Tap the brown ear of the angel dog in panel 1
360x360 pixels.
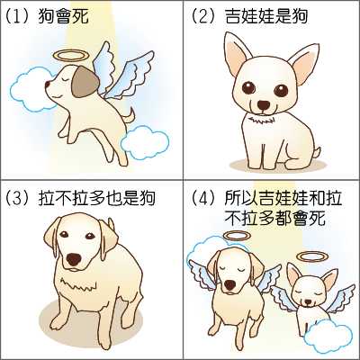pyautogui.click(x=85, y=82)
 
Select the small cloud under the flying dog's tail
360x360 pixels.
pyautogui.click(x=145, y=143)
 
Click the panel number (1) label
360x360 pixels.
pyautogui.click(x=18, y=16)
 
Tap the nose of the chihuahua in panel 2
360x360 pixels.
pyautogui.click(x=264, y=104)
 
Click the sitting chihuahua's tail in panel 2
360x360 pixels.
pyautogui.click(x=316, y=151)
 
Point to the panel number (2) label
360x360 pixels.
pyautogui.click(x=204, y=16)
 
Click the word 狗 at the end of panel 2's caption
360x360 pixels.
pyautogui.click(x=300, y=16)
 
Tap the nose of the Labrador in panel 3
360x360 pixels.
pyautogui.click(x=74, y=259)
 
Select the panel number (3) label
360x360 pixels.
pyautogui.click(x=18, y=198)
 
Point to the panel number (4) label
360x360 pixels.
pyautogui.click(x=204, y=198)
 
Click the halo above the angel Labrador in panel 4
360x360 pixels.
pyautogui.click(x=237, y=236)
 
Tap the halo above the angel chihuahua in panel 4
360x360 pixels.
pyautogui.click(x=312, y=256)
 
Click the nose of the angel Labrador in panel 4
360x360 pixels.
pyautogui.click(x=231, y=285)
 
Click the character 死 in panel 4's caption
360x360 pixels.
pyautogui.click(x=317, y=219)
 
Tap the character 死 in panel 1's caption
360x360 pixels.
pyautogui.click(x=80, y=16)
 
